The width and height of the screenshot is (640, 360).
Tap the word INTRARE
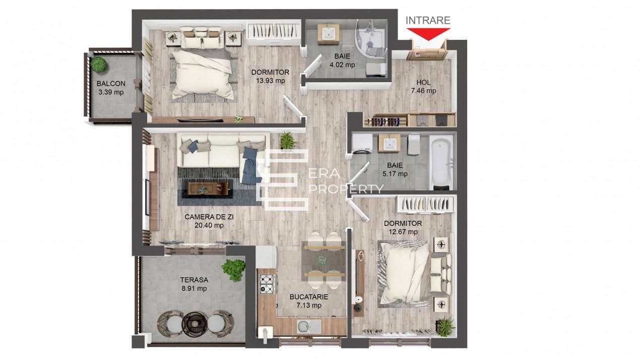point(428,20)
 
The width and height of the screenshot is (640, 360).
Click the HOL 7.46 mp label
point(423,87)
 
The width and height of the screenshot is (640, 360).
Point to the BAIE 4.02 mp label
point(342,61)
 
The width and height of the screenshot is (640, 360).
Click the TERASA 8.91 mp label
point(194,284)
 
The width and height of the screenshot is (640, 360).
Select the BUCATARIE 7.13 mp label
point(309,301)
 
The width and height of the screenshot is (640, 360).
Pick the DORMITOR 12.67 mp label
point(403,227)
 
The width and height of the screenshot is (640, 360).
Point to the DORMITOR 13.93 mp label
point(268,76)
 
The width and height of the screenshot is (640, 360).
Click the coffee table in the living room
point(208,189)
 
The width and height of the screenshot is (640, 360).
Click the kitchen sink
point(308,326)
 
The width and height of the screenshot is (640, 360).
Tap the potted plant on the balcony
point(99,65)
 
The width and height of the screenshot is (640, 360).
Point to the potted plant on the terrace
point(234,269)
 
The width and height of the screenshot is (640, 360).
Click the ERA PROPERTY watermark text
point(345,181)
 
